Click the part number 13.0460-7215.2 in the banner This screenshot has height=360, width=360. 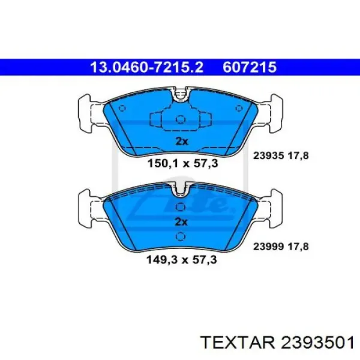point(147,67)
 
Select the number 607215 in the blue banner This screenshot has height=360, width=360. point(250,67)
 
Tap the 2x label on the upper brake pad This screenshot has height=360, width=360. point(181,142)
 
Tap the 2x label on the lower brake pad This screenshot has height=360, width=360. point(181,222)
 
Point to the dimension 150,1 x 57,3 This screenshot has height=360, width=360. point(182,164)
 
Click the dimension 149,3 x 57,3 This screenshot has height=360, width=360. point(182,260)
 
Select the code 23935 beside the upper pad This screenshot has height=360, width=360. point(268,156)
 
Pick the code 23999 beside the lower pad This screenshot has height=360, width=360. point(268,247)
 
